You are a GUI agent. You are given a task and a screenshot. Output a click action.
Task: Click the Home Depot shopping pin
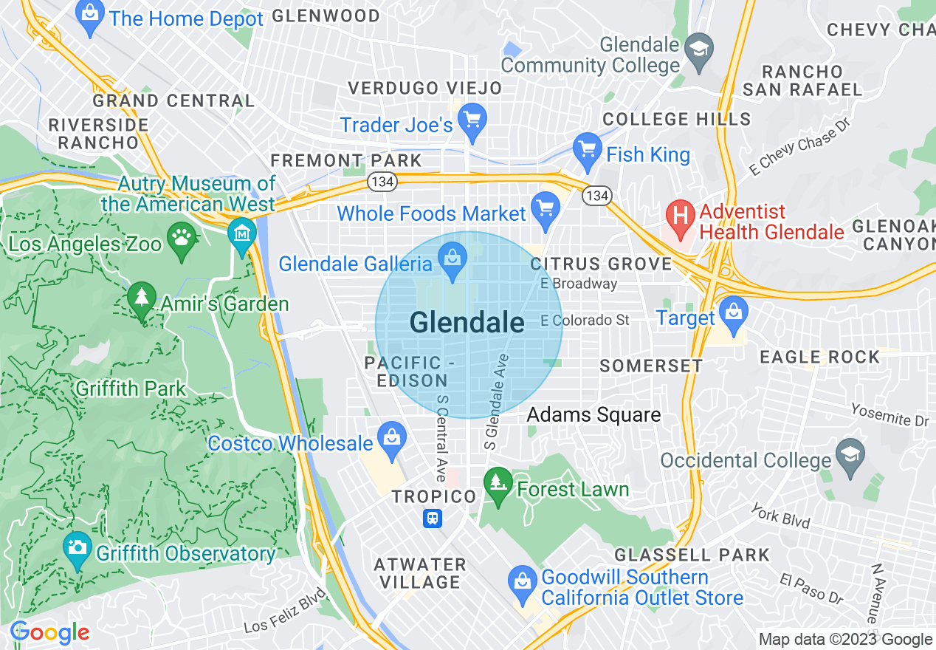click(90, 18)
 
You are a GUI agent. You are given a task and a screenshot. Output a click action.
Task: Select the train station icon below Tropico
click(433, 519)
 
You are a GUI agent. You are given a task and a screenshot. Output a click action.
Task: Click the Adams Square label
click(593, 415)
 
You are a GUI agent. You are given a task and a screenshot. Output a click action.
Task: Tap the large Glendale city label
click(467, 323)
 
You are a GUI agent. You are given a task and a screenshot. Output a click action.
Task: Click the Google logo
click(49, 632)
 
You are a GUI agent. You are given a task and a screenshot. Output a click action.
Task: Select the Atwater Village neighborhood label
click(419, 573)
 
